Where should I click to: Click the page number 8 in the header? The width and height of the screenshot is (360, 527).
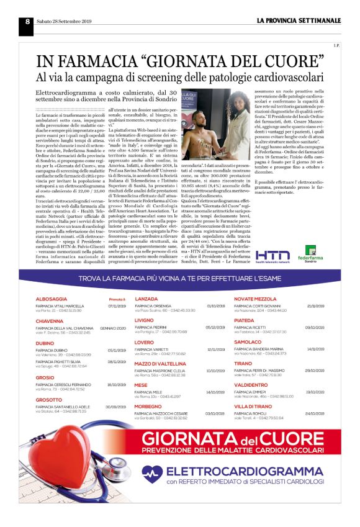[28, 20]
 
